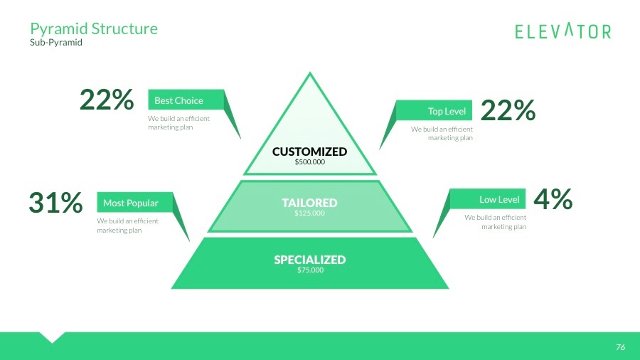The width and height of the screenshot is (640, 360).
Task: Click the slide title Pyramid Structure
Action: click(93, 28)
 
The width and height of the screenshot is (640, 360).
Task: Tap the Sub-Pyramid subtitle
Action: click(56, 43)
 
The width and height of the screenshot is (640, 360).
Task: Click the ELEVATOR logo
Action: click(562, 31)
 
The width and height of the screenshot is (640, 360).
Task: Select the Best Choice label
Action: click(179, 100)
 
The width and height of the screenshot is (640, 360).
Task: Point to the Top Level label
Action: click(447, 111)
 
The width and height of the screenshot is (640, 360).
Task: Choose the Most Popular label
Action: click(131, 203)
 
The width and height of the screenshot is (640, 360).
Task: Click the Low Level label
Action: click(499, 199)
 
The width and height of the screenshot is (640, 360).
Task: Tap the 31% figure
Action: click(55, 203)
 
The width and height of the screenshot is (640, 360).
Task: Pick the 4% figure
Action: click(553, 199)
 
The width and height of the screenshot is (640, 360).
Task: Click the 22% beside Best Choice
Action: click(107, 100)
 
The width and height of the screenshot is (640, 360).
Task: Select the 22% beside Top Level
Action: click(508, 110)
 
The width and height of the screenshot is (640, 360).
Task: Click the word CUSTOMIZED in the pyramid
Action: click(309, 152)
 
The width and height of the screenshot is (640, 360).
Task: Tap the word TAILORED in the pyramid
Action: click(309, 203)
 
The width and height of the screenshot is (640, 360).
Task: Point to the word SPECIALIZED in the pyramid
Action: click(309, 260)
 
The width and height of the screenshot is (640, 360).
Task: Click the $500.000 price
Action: click(309, 162)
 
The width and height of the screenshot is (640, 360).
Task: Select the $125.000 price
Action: click(309, 213)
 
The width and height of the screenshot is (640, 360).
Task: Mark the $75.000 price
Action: click(309, 270)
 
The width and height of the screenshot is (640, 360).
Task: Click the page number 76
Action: click(620, 347)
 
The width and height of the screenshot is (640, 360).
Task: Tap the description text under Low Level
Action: click(496, 222)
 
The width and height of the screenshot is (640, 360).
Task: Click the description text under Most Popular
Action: click(127, 226)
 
